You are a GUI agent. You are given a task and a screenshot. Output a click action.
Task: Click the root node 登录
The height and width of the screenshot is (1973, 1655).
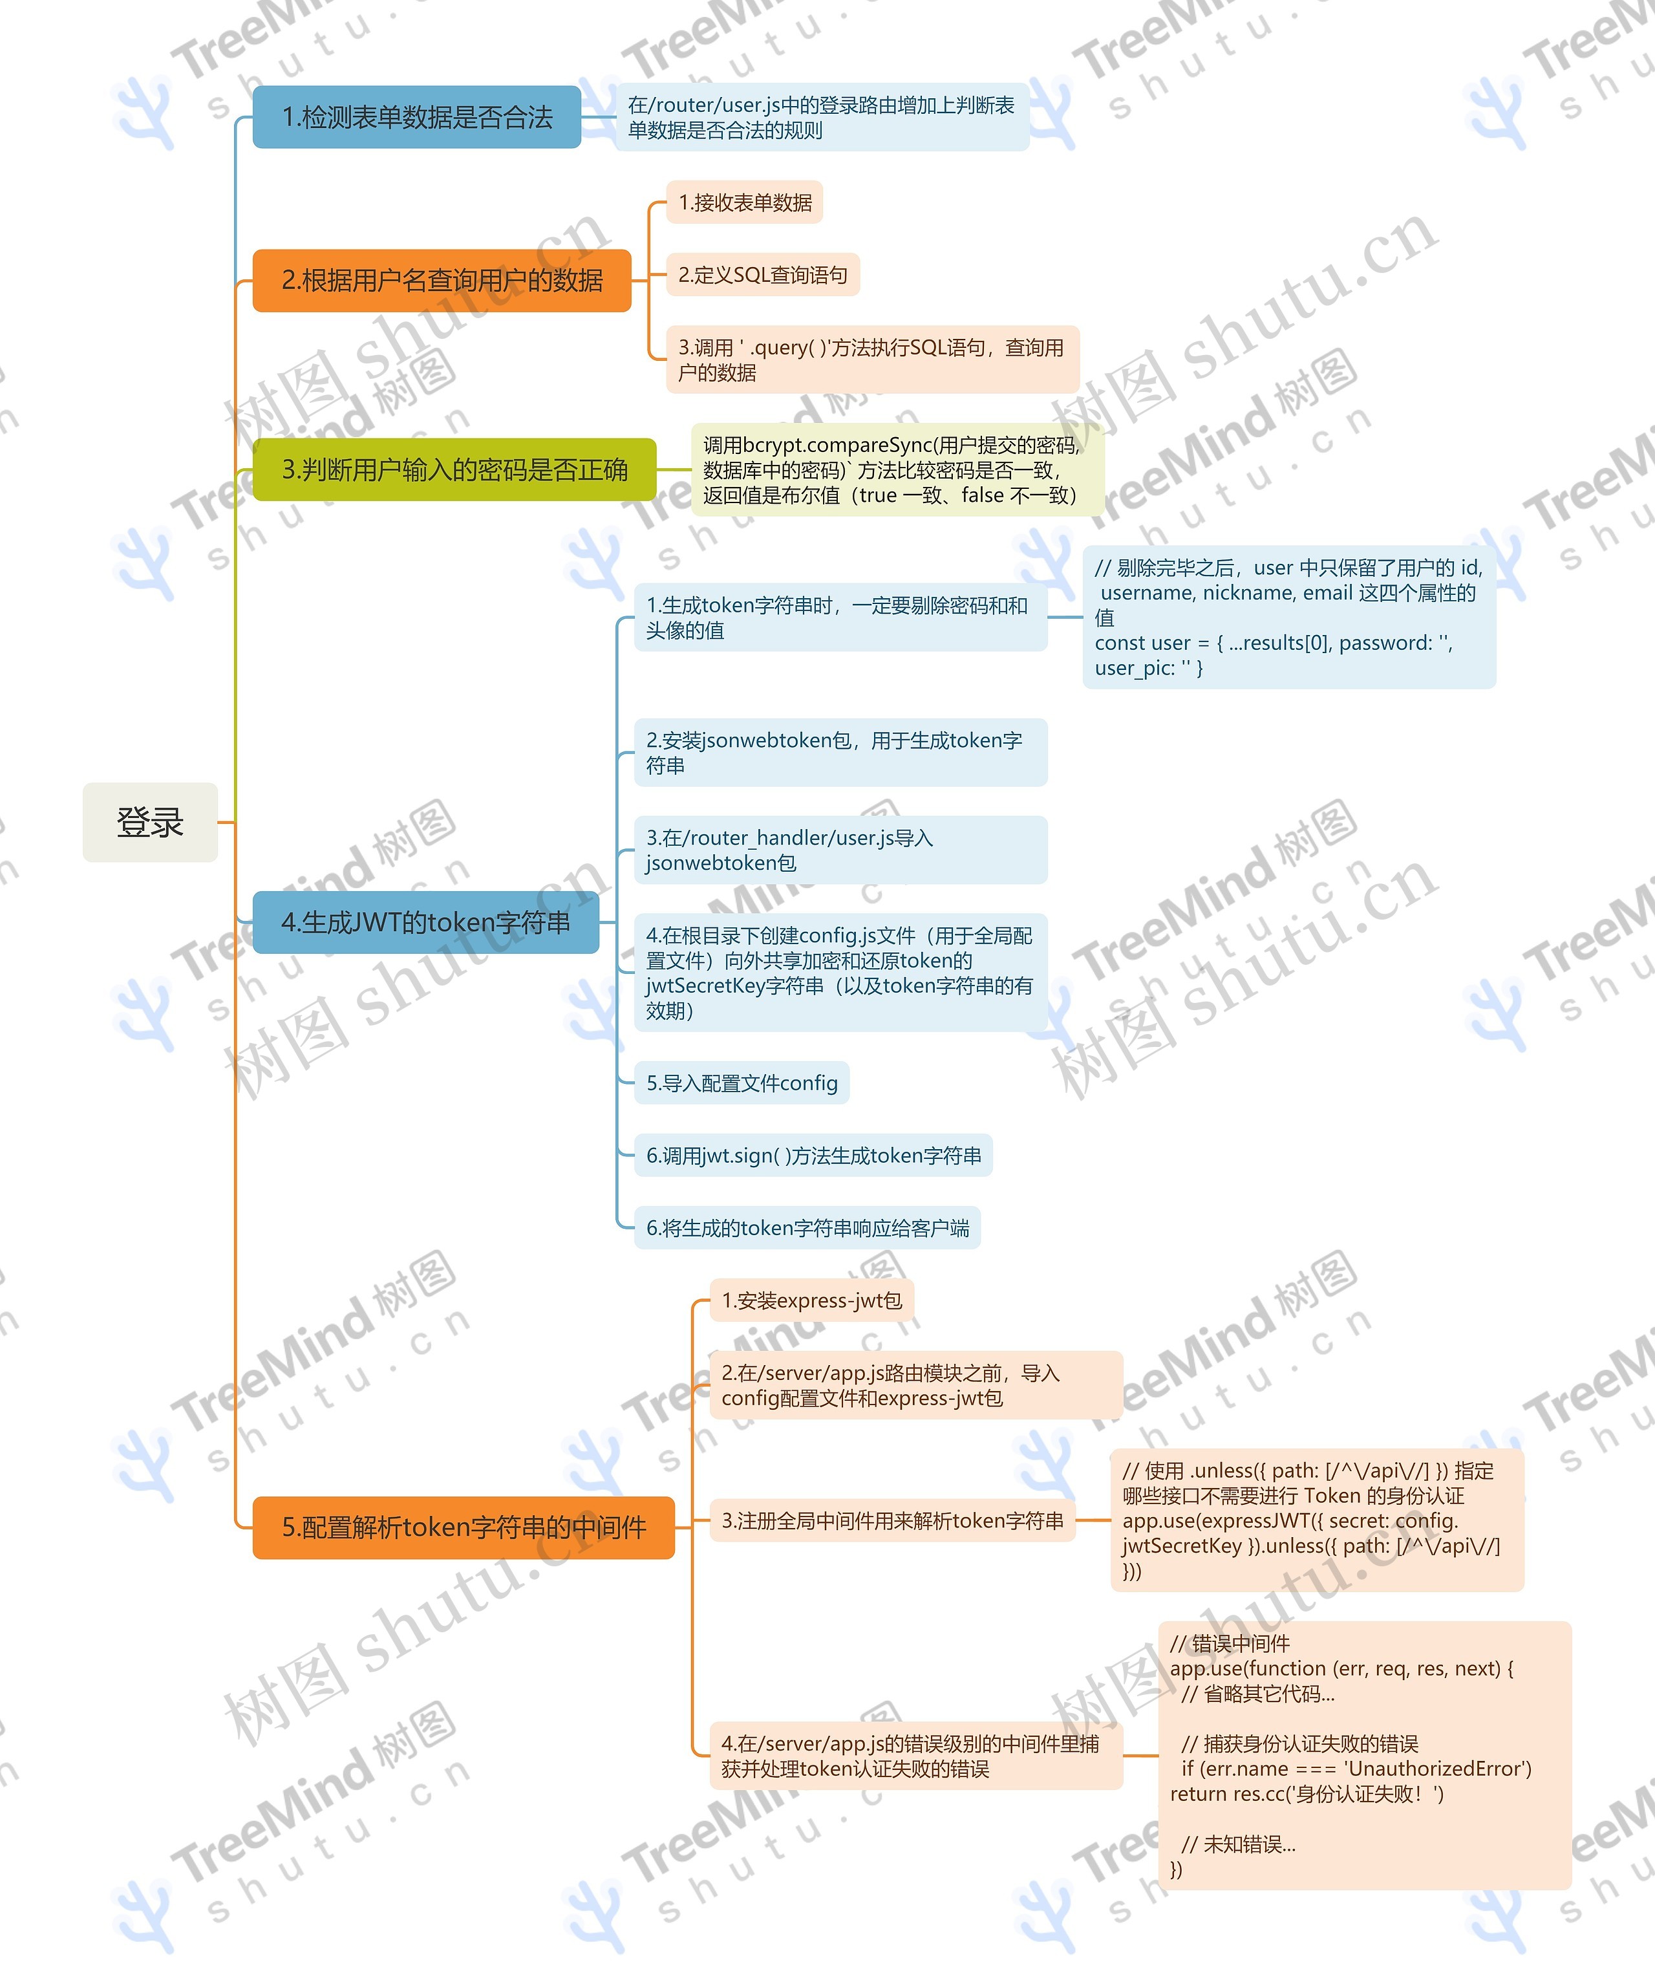click(150, 822)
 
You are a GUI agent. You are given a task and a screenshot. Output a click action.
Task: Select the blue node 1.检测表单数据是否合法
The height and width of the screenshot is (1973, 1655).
click(417, 116)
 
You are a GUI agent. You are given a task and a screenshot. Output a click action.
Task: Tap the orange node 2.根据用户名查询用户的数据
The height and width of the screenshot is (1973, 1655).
click(442, 280)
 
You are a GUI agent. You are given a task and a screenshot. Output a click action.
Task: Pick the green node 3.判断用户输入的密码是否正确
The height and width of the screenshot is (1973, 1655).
click(454, 469)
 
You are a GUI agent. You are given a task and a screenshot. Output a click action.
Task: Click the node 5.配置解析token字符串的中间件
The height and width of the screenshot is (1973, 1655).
click(464, 1527)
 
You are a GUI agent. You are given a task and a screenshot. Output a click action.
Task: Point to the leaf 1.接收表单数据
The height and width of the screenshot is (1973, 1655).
click(745, 203)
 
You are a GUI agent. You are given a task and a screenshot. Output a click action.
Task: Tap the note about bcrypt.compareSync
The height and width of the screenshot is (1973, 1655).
click(898, 469)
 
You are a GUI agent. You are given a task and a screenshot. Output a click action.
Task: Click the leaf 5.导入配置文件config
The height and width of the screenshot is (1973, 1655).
click(742, 1083)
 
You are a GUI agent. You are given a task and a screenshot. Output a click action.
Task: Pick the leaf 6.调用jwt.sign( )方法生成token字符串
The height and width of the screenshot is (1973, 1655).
click(813, 1156)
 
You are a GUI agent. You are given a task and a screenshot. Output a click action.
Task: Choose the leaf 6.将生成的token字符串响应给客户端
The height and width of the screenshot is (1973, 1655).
click(807, 1228)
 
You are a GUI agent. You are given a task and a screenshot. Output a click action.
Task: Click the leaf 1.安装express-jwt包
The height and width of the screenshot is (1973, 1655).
click(811, 1300)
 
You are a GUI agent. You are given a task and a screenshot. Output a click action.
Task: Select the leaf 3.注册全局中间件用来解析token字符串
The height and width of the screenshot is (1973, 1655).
click(892, 1521)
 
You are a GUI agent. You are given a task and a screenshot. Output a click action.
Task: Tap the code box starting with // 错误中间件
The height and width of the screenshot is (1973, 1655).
click(1365, 1756)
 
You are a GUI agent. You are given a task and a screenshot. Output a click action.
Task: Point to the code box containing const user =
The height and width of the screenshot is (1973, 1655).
click(1290, 618)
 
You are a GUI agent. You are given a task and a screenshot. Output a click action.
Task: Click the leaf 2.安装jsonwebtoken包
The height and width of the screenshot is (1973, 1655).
click(840, 753)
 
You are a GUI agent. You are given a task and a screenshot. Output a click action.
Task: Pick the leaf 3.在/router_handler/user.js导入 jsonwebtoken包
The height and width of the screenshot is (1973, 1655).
click(840, 850)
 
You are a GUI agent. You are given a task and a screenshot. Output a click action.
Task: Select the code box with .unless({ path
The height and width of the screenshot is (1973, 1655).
click(1318, 1521)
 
